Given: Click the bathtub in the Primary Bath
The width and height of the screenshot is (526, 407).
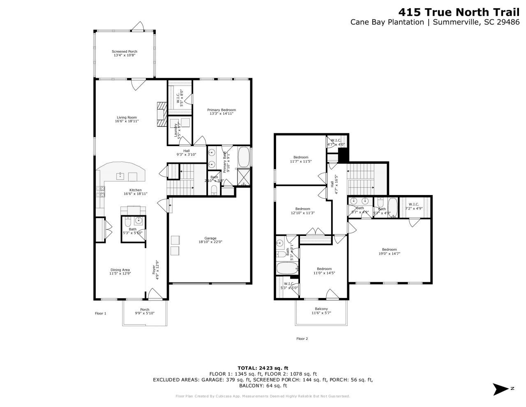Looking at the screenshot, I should tap(244, 157).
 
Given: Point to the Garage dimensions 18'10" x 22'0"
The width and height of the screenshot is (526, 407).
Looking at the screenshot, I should tap(210, 242).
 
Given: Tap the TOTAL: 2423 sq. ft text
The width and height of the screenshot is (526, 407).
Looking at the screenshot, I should tap(263, 368).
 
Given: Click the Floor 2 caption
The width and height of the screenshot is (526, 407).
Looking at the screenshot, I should tap(302, 339).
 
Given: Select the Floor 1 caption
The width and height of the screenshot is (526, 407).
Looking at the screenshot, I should tap(101, 314).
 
